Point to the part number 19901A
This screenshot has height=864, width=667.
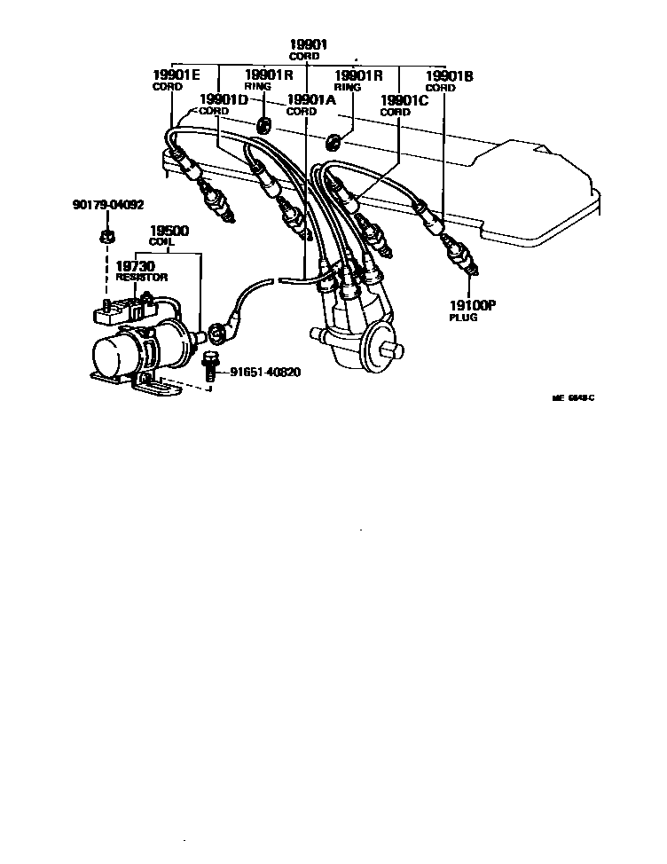(310, 100)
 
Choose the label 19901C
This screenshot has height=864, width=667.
(404, 100)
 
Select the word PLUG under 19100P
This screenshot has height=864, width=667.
(463, 317)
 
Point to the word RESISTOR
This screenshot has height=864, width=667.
(141, 277)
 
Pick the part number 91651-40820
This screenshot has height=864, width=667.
(265, 372)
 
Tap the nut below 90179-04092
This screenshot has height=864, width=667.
(104, 236)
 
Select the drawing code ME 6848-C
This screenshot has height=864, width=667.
(573, 398)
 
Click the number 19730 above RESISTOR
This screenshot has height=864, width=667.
(136, 265)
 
